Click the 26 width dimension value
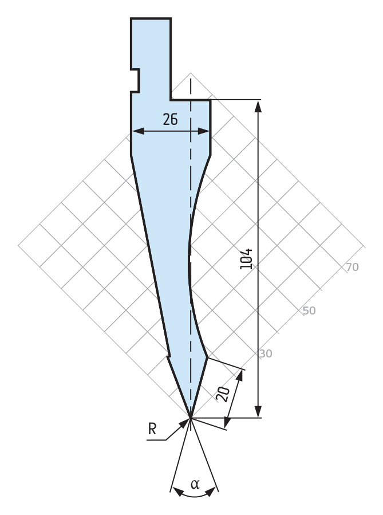click(x=171, y=119)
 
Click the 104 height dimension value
click(x=247, y=259)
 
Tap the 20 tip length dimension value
click(x=223, y=394)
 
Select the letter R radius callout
click(x=152, y=429)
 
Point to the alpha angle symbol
click(x=195, y=484)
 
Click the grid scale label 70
click(x=353, y=268)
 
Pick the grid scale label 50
click(x=309, y=310)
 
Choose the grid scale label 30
click(x=266, y=353)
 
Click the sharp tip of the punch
click(x=190, y=418)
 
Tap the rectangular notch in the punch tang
click(x=135, y=80)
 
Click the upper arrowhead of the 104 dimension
click(x=258, y=106)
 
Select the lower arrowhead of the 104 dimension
click(x=258, y=411)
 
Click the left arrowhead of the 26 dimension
click(x=138, y=131)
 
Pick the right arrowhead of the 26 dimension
click(x=203, y=131)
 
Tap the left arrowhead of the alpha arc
click(x=177, y=492)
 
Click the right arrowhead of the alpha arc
click(x=211, y=492)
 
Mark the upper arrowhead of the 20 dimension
click(x=240, y=376)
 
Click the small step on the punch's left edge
click(x=169, y=355)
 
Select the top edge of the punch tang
click(x=151, y=18)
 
